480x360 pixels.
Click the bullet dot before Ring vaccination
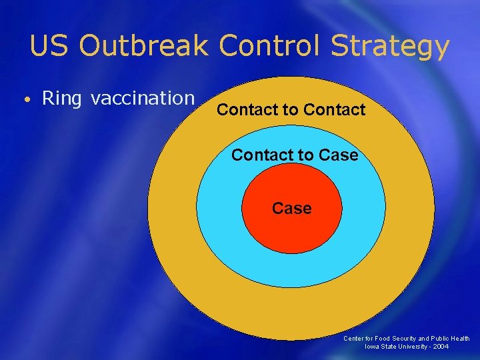coord(24,100)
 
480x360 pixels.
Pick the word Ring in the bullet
coord(61,99)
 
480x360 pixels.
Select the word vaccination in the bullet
coord(143,99)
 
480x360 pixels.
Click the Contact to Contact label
coord(291,109)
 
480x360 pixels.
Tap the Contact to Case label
coord(295,155)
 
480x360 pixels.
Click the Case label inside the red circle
coord(291,209)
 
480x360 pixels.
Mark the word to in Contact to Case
coord(306,155)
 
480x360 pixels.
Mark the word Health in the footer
coord(459,339)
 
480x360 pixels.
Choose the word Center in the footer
coord(354,339)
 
